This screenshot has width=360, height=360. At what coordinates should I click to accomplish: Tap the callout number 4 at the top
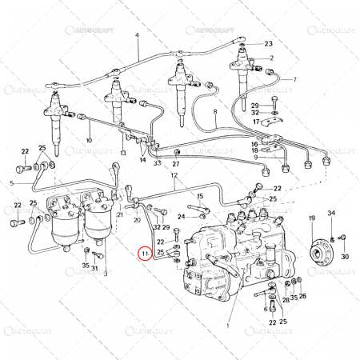pos(137,36)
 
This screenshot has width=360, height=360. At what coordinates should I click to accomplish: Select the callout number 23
pos(268,43)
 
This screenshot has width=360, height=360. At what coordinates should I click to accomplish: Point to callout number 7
pos(294,79)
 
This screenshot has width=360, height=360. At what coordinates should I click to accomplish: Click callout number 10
pos(89,141)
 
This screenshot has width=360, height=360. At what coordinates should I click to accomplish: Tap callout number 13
pos(123,152)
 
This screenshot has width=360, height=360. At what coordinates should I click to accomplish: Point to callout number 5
pos(12,183)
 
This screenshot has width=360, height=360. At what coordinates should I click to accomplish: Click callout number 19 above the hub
pos(312,218)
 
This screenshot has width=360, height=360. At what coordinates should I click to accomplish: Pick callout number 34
pos(333,213)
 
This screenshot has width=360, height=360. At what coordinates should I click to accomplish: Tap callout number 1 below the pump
pos(228,326)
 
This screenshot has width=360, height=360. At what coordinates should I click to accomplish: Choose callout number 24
pos(182,216)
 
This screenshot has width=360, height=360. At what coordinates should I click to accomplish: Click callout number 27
pos(176,163)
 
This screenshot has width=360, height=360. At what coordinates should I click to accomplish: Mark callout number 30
pos(345,257)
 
